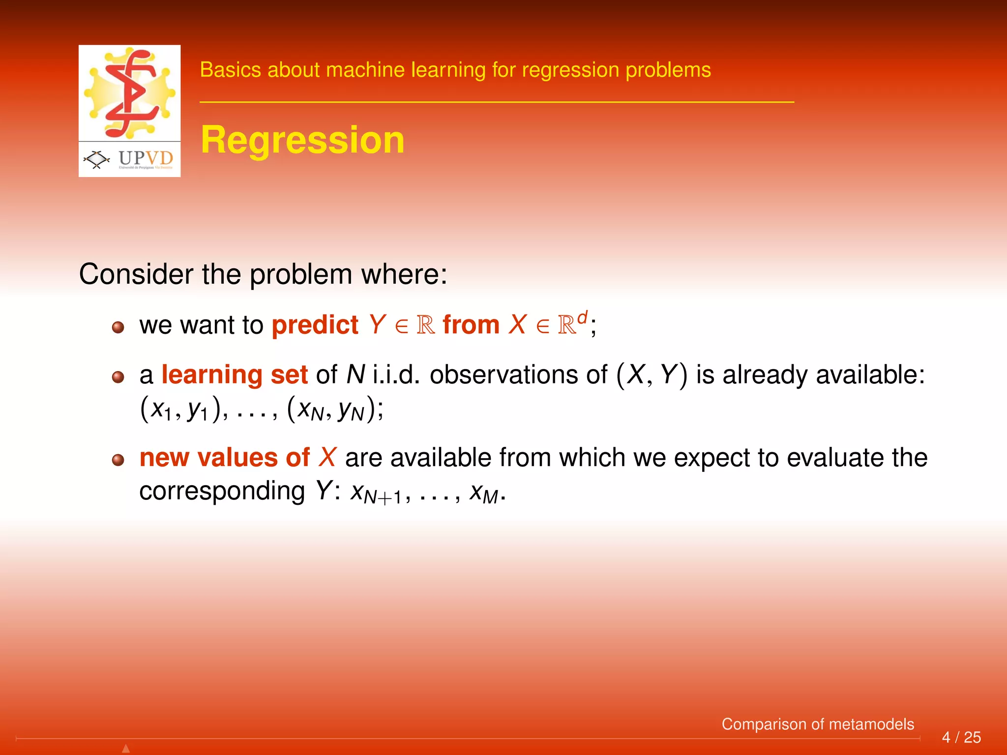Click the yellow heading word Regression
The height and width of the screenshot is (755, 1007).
302,140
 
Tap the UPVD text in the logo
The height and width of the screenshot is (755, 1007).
146,158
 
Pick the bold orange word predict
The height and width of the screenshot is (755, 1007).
315,325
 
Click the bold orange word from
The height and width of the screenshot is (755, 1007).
471,325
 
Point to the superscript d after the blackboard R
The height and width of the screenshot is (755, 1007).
582,318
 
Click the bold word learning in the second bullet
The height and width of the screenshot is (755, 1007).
211,375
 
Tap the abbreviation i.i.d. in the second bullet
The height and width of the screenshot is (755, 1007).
396,375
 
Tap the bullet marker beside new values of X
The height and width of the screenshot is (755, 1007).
118,460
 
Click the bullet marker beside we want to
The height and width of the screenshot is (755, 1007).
118,327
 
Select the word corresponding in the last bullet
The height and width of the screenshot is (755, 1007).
222,491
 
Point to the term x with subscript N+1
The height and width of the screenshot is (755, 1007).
376,493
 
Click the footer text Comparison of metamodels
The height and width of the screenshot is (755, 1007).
817,724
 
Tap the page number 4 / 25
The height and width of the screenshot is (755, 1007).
961,737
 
